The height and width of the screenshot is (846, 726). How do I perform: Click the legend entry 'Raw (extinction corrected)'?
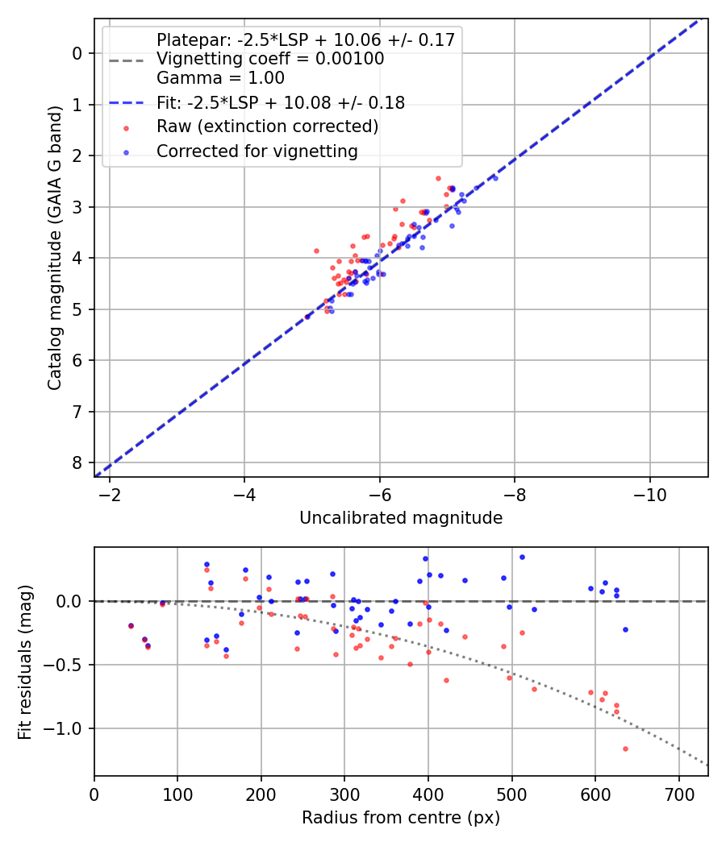267,126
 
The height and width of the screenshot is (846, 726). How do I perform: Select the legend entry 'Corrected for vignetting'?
257,151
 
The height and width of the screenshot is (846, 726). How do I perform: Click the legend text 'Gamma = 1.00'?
220,78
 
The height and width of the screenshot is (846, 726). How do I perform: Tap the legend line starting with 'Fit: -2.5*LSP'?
280,102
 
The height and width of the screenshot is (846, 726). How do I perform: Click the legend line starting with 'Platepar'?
306,39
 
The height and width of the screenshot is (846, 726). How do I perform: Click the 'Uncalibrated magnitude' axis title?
401,518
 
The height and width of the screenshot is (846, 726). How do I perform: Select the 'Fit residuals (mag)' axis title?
25,661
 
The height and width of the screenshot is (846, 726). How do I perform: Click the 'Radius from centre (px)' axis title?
401,818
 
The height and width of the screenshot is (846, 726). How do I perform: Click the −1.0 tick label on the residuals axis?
67,728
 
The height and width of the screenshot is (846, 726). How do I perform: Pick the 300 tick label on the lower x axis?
344,794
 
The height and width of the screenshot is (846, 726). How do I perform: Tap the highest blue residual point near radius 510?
522,557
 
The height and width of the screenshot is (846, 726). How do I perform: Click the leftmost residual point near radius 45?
131,625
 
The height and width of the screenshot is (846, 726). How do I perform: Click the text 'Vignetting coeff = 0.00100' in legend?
270,59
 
